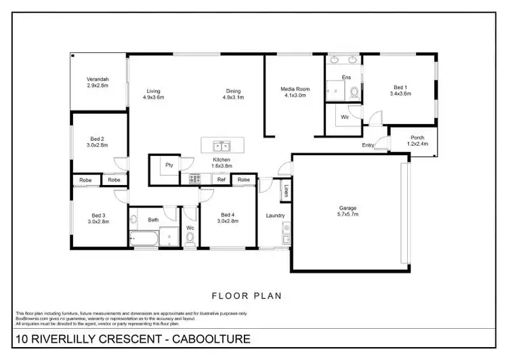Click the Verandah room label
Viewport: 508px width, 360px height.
tap(98, 79)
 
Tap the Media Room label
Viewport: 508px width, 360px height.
tap(295, 89)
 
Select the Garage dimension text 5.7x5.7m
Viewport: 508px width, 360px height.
tap(348, 214)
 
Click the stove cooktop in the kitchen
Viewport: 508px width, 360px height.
tap(194, 179)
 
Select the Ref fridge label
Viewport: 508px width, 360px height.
tap(221, 180)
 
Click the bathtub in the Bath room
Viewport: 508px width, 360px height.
tap(144, 239)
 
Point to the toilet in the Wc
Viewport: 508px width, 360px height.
tap(190, 238)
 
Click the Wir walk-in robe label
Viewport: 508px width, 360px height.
tap(344, 117)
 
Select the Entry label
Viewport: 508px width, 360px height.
tap(368, 145)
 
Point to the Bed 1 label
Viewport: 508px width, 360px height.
tap(400, 87)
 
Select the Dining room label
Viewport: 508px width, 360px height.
tap(234, 91)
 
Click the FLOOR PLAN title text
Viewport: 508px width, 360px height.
tap(247, 296)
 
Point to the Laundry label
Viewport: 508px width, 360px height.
tap(275, 216)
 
